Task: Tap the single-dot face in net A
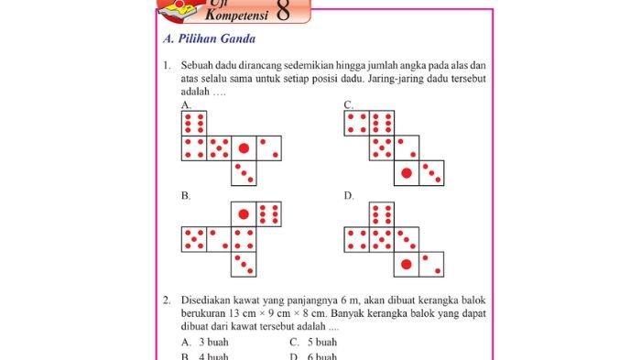pyautogui.click(x=244, y=147)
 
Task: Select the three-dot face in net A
pyautogui.click(x=244, y=171)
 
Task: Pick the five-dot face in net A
pyautogui.click(x=219, y=147)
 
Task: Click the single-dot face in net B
pyautogui.click(x=244, y=214)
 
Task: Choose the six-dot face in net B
pyautogui.click(x=268, y=214)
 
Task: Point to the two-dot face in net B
pyautogui.click(x=219, y=239)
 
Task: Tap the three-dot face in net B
pyautogui.click(x=244, y=264)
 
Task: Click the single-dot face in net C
pyautogui.click(x=407, y=172)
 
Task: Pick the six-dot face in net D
pyautogui.click(x=382, y=214)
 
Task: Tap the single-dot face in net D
pyautogui.click(x=407, y=265)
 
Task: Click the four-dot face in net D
pyautogui.click(x=357, y=240)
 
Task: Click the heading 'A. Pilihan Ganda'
pyautogui.click(x=208, y=39)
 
